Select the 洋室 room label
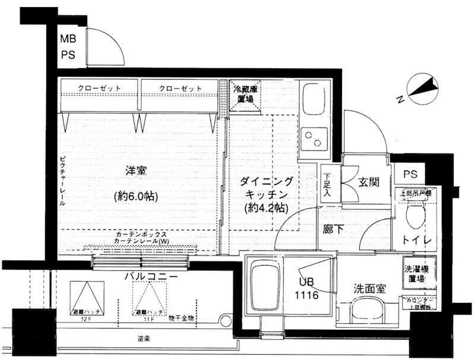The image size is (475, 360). point(137,170)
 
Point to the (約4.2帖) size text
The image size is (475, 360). point(265,208)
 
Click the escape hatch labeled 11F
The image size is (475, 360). point(150,297)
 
